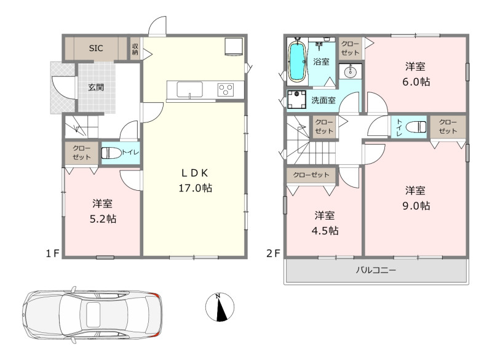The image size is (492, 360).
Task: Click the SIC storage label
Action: point(96,48)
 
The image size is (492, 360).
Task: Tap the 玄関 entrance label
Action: point(96,87)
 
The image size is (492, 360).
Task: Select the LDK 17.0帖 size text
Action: point(195,188)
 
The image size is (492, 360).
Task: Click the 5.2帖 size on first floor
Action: point(103,218)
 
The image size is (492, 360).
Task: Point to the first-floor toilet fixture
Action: point(111,153)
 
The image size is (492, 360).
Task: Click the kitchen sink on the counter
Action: point(189,89)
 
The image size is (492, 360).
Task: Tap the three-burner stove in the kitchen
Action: point(226,89)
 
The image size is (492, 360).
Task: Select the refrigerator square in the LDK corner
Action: point(234,47)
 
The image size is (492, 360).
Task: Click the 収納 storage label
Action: point(135,49)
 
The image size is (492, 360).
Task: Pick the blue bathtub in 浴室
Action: point(297,61)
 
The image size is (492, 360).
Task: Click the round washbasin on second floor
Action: point(350,72)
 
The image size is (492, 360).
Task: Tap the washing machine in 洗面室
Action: point(296,99)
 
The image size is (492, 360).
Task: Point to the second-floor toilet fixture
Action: point(416,127)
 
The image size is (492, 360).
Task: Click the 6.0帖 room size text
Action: point(416,82)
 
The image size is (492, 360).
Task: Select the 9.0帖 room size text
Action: point(416,206)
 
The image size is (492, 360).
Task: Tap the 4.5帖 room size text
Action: point(325,231)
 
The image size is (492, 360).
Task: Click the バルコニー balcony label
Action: point(376,270)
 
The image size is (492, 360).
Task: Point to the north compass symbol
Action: point(220,307)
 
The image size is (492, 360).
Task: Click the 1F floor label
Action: point(53,254)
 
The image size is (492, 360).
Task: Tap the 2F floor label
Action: point(273,254)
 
